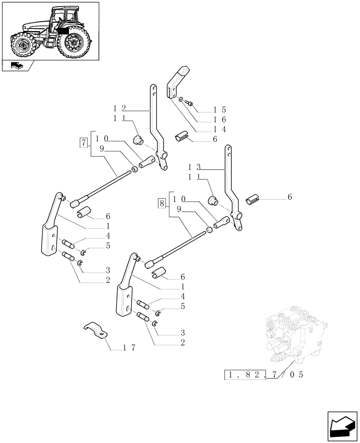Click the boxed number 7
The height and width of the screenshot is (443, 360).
click(x=83, y=143)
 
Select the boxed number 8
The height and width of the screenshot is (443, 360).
click(x=161, y=203)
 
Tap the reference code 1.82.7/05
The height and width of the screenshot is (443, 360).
click(x=264, y=375)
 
